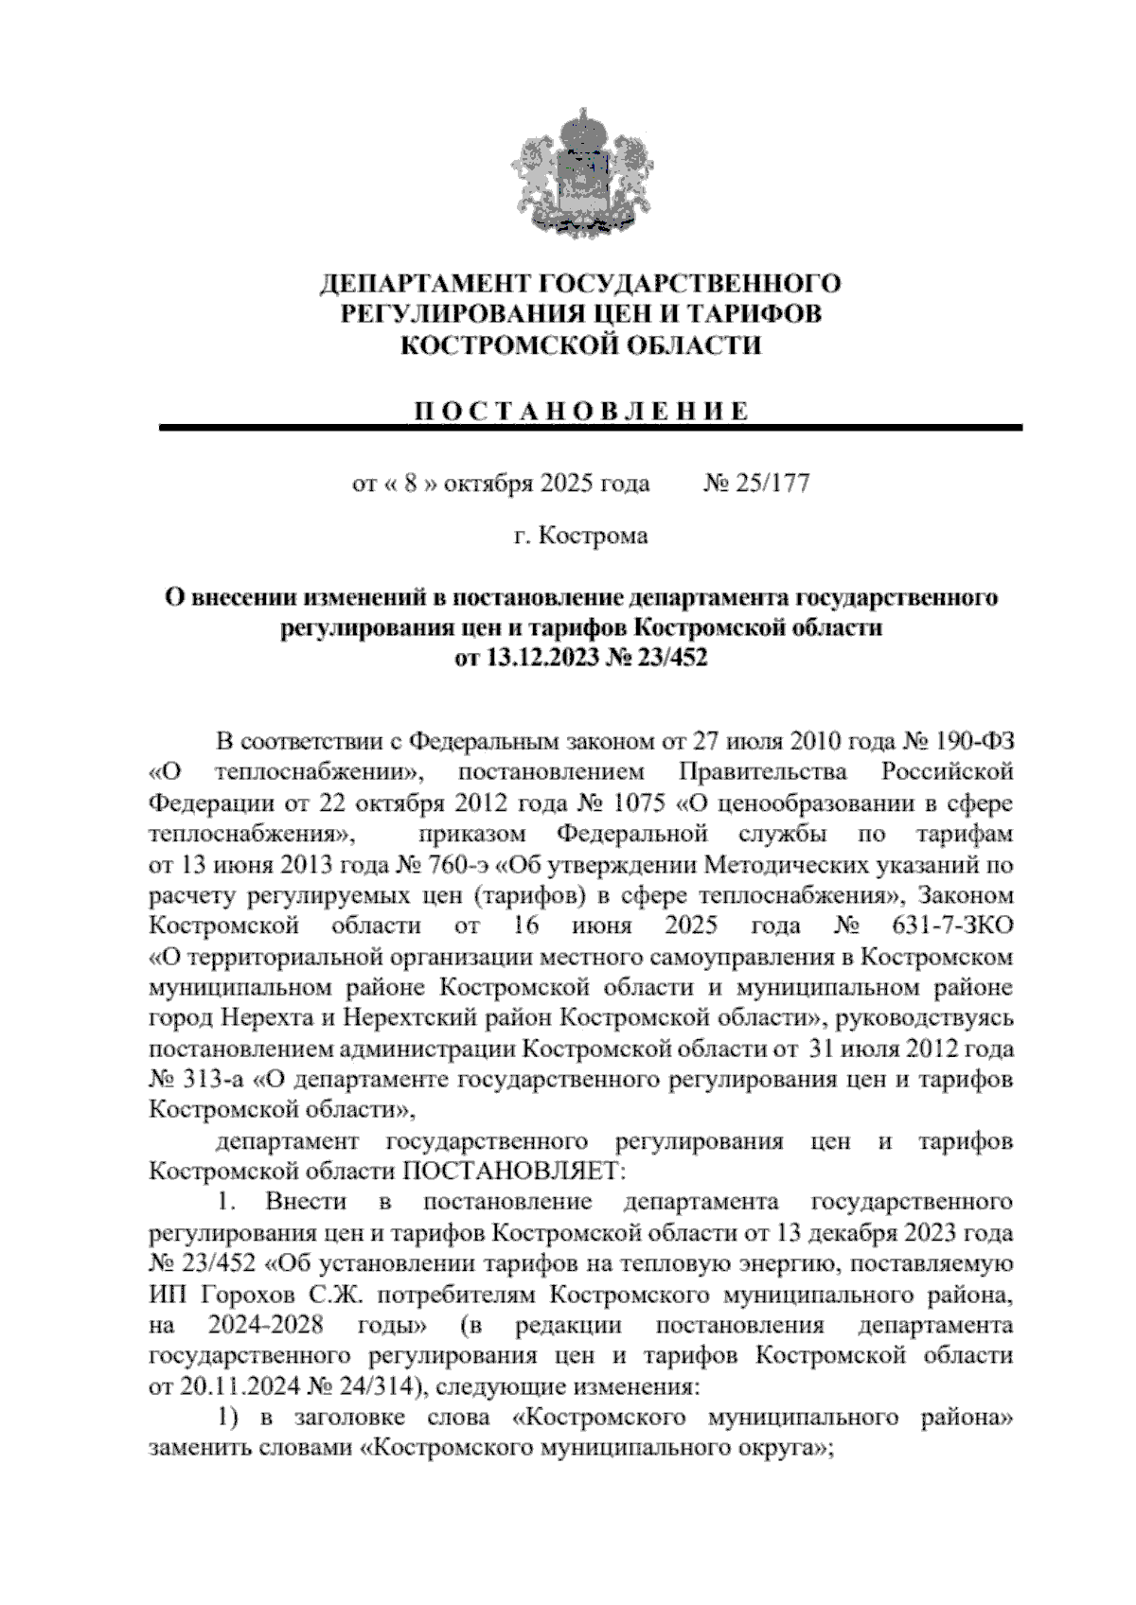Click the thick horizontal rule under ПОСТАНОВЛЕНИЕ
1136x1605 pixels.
(591, 429)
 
